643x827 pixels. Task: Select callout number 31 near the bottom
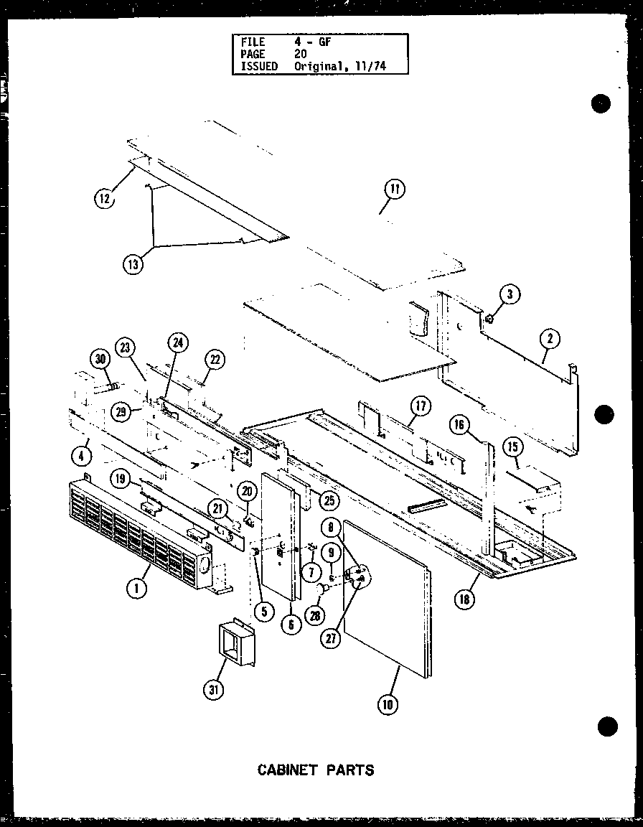[213, 691]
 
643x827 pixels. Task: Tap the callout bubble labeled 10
[388, 704]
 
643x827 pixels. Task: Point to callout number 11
[394, 190]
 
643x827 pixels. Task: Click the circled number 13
[133, 264]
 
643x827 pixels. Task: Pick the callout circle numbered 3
[509, 294]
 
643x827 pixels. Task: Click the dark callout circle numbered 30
[101, 360]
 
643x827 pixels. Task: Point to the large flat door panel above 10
[388, 596]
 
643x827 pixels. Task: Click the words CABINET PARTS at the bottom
[316, 770]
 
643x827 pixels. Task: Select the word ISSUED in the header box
[259, 65]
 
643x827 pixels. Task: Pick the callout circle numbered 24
[177, 344]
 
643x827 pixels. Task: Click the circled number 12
[105, 199]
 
